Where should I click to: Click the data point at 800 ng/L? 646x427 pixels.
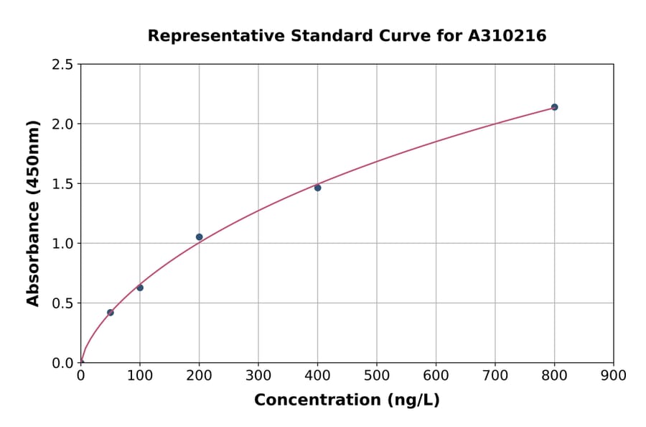554,107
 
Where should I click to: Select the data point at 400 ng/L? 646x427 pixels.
317,188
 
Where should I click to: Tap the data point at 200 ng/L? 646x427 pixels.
199,237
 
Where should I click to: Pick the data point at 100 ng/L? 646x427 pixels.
140,288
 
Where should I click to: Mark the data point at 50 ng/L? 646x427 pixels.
110,313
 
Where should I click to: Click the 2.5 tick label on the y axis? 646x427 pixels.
63,65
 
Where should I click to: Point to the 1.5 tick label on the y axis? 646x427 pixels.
63,184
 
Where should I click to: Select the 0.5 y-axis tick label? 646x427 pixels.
63,303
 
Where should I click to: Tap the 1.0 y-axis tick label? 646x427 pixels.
63,244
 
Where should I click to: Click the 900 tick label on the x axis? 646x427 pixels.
614,375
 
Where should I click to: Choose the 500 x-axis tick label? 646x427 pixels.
377,375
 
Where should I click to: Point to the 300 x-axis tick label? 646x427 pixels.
258,375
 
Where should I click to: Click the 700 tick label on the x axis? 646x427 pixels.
495,375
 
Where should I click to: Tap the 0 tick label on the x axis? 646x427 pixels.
80,375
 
